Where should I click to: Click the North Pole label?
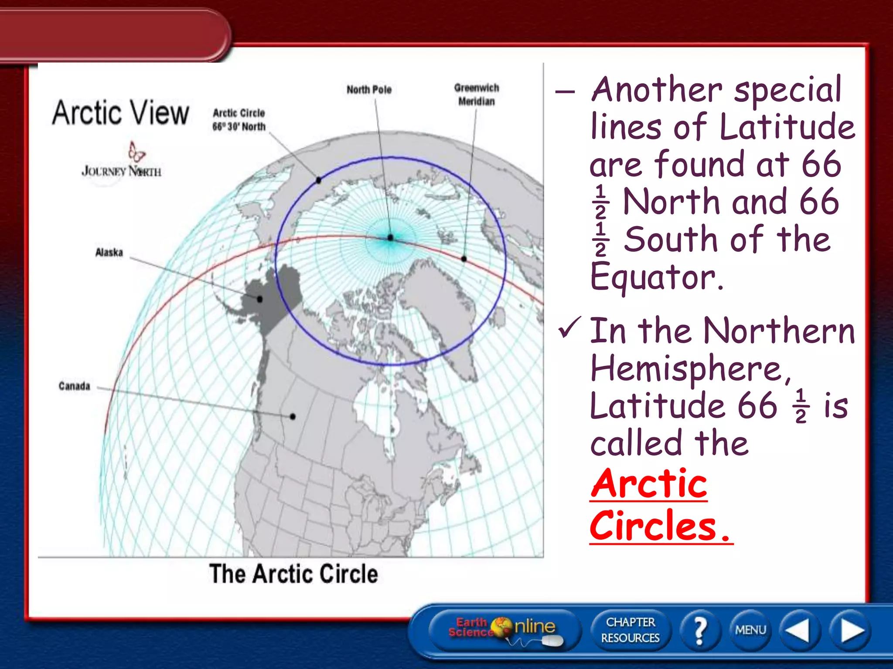pyautogui.click(x=369, y=90)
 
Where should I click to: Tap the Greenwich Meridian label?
pyautogui.click(x=476, y=95)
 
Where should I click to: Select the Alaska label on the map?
pyautogui.click(x=109, y=253)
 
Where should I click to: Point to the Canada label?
pyautogui.click(x=75, y=386)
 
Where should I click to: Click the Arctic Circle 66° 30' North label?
pyautogui.click(x=239, y=120)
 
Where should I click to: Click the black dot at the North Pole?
pyautogui.click(x=390, y=237)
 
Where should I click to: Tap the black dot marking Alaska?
pyautogui.click(x=260, y=299)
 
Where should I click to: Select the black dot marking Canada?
pyautogui.click(x=293, y=416)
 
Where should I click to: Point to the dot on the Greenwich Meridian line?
pyautogui.click(x=464, y=259)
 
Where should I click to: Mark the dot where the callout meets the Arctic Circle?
pyautogui.click(x=319, y=180)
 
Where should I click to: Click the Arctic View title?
pyautogui.click(x=121, y=113)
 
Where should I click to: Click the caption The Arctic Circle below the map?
pyautogui.click(x=293, y=574)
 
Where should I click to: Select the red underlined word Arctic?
pyautogui.click(x=648, y=484)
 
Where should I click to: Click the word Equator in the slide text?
pyautogui.click(x=657, y=277)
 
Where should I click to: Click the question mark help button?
pyautogui.click(x=699, y=630)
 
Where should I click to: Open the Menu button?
pyautogui.click(x=750, y=630)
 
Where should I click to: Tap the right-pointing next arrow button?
pyautogui.click(x=852, y=630)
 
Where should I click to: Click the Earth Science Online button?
pyautogui.click(x=504, y=629)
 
